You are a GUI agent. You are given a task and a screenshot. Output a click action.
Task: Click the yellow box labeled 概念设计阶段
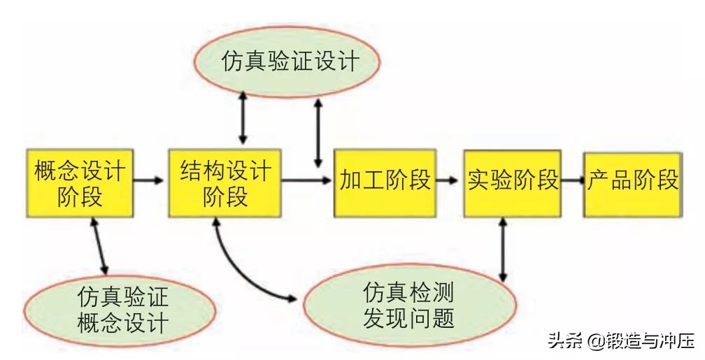point(80,182)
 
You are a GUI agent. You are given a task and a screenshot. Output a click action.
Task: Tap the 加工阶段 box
point(385,181)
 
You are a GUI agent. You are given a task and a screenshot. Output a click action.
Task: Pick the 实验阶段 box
point(513,181)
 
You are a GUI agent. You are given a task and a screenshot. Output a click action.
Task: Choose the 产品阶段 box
point(632,181)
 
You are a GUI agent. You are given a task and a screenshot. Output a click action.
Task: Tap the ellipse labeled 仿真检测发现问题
point(409,305)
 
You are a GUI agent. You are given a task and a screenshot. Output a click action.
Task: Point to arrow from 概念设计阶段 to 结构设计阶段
point(149,180)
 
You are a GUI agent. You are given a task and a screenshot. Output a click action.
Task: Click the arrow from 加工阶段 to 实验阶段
point(448,180)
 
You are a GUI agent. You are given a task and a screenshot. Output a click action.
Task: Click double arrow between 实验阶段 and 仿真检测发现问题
point(502,249)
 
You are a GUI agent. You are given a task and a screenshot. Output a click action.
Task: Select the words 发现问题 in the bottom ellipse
point(409,319)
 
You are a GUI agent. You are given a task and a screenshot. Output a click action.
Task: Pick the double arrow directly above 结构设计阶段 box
point(242,118)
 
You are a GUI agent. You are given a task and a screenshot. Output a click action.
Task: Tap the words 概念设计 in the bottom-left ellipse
point(122,324)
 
